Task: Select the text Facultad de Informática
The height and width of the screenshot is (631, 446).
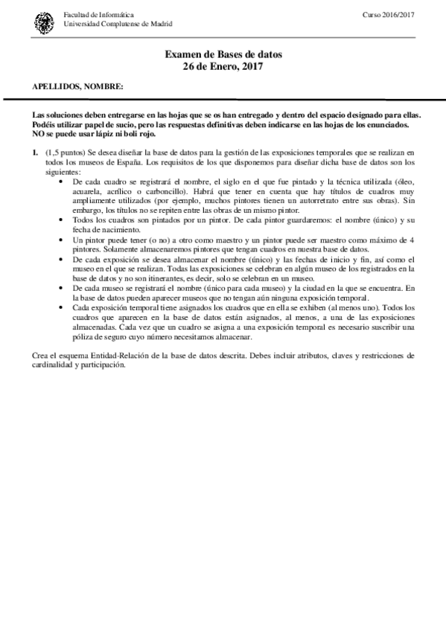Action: (x=96, y=15)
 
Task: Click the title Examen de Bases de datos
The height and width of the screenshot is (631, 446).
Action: (x=223, y=55)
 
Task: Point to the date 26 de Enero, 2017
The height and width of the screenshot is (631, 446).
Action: (x=223, y=66)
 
